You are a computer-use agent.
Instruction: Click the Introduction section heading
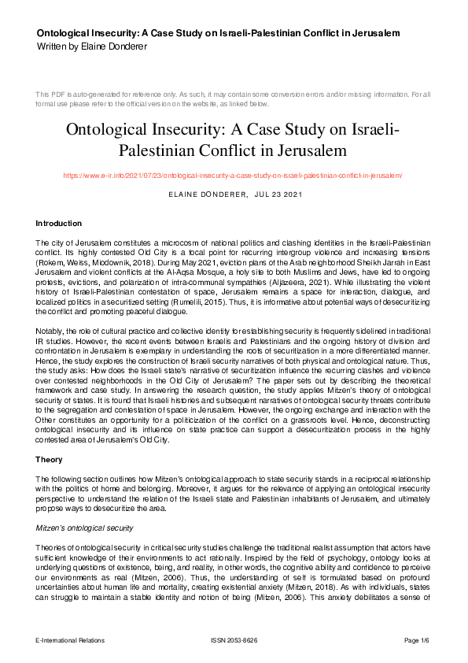pyautogui.click(x=59, y=224)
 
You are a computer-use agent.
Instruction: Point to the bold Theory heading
pyautogui.click(x=49, y=459)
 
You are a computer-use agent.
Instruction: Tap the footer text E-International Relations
pyautogui.click(x=70, y=641)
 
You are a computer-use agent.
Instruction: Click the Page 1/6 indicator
pyautogui.click(x=417, y=641)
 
